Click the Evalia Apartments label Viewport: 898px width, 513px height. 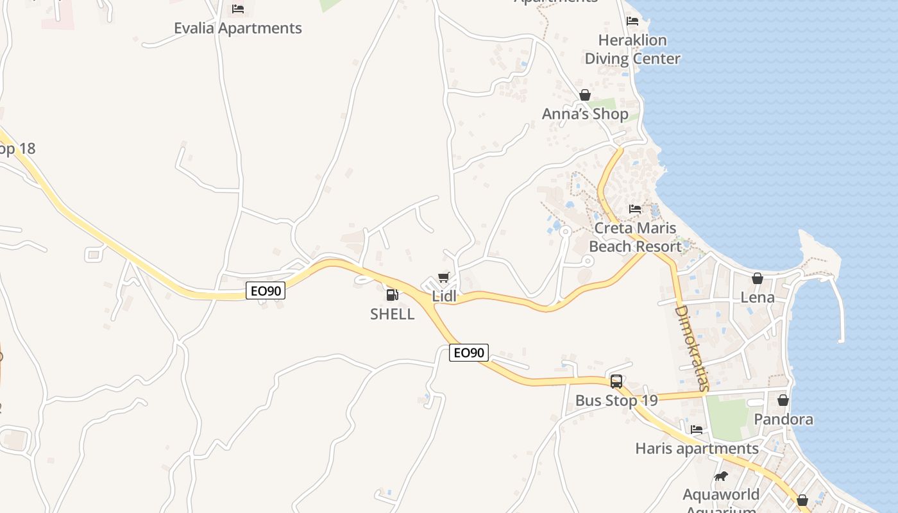pos(237,28)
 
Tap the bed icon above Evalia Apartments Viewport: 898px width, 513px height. pos(238,9)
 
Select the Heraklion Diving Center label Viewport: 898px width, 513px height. pos(632,49)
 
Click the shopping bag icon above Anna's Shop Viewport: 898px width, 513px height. pos(585,96)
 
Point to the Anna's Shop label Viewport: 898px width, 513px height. pos(585,114)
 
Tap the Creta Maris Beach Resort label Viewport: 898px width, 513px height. pos(635,237)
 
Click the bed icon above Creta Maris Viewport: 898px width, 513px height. pos(635,209)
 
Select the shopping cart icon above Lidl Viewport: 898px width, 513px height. pos(443,278)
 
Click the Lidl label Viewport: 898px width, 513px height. pos(444,296)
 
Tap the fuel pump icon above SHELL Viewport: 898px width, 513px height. pos(392,295)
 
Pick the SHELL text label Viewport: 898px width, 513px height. pos(392,314)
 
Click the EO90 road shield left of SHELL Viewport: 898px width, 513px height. pos(266,291)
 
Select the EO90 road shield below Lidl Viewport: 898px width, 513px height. pos(469,353)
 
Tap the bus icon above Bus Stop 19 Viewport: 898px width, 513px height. pos(616,382)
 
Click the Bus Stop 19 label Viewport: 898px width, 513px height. pos(616,401)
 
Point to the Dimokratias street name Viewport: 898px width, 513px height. pos(692,348)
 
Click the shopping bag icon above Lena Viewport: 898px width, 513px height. pos(758,278)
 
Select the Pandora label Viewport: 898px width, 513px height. pos(783,419)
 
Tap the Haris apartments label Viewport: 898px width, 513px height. pos(697,448)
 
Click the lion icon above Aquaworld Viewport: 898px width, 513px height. pos(721,476)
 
